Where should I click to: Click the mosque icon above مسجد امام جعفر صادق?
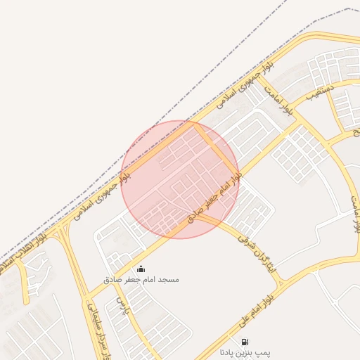pos(141,269)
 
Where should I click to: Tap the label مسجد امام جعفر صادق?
pos(141,280)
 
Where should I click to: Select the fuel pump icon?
pos(245,342)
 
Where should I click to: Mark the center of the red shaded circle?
pos(180,179)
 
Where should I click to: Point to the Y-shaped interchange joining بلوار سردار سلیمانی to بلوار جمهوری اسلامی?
pos(67,232)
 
